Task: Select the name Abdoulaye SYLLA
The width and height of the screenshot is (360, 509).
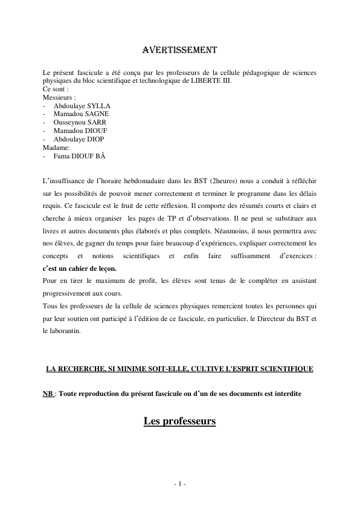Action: pyautogui.click(x=82, y=105)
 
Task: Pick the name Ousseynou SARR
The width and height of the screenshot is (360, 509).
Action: pyautogui.click(x=80, y=122)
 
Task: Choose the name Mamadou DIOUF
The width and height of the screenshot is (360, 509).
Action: pyautogui.click(x=81, y=131)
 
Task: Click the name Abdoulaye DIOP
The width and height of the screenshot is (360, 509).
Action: pyautogui.click(x=79, y=139)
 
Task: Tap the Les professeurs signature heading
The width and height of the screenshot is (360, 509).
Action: pyautogui.click(x=179, y=421)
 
